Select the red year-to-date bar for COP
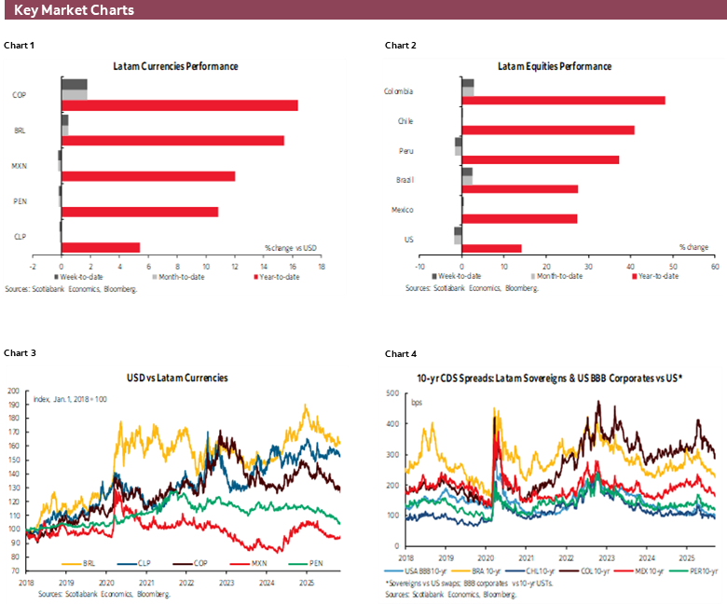click(179, 105)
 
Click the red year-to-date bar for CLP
click(100, 247)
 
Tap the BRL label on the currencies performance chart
click(20, 131)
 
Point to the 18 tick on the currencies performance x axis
click(322, 266)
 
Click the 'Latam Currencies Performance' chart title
click(175, 67)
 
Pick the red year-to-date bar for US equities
click(491, 249)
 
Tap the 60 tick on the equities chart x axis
click(715, 265)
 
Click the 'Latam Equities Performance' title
click(555, 67)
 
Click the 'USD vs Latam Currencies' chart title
click(177, 378)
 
